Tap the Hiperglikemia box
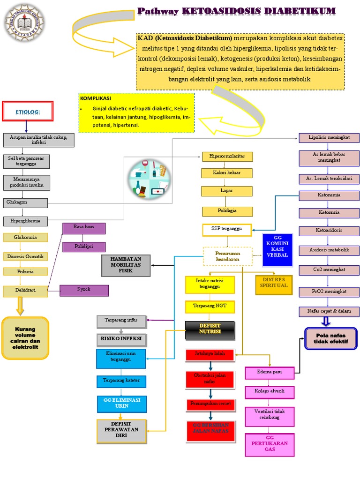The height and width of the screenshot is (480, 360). (x=26, y=221)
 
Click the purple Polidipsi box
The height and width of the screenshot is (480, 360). (x=84, y=247)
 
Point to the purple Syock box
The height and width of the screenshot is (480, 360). (x=84, y=290)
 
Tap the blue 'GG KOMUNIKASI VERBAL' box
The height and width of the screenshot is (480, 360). (x=277, y=249)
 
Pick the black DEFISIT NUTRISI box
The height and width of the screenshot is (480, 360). (x=209, y=330)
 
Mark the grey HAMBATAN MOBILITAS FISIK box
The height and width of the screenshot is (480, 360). (x=125, y=265)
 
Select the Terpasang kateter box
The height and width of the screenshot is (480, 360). (x=121, y=381)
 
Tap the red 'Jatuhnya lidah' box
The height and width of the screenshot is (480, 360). (x=210, y=354)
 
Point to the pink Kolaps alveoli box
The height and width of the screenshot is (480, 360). (x=270, y=391)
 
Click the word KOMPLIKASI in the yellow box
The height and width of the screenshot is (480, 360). (x=96, y=99)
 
